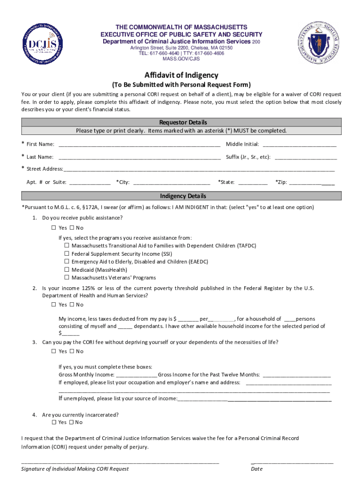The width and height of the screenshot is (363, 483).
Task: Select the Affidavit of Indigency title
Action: coord(181,75)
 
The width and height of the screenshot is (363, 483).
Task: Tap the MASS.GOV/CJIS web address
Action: coord(181,59)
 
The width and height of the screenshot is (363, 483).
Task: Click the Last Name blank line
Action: coord(140,158)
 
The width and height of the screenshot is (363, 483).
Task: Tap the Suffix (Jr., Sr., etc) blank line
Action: coord(305,158)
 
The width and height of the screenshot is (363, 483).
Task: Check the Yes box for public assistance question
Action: coord(54,228)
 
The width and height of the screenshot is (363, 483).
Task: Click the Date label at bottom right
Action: coord(257,469)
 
